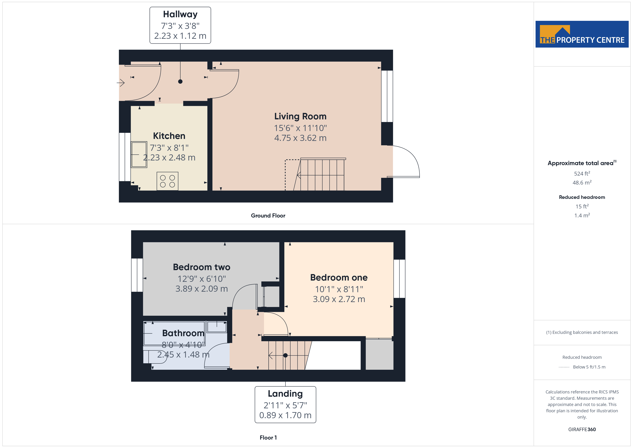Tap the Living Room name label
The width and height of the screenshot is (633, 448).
point(300,116)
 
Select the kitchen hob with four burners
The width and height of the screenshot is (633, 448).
point(167,181)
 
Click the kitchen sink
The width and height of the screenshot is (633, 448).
point(139,155)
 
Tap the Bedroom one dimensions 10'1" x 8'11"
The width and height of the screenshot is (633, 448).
point(339,289)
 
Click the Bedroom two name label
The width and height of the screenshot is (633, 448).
point(201,267)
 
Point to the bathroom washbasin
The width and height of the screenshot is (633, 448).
point(217,327)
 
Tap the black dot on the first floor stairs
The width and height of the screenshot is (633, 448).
point(285,355)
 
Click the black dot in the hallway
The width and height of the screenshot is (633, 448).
point(180,81)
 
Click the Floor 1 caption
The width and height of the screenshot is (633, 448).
point(268,438)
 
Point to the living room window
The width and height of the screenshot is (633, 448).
point(387,96)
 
